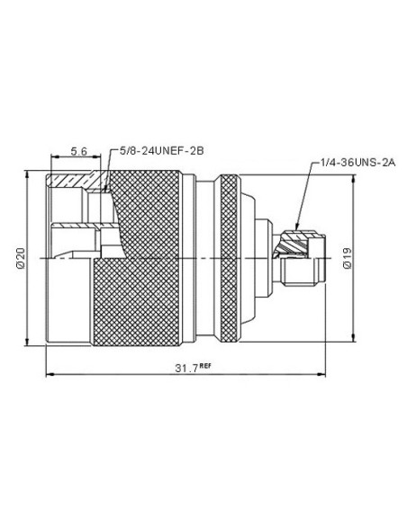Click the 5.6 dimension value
(78, 152)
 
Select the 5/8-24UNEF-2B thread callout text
(161, 151)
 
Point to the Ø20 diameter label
(21, 258)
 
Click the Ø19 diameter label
(348, 258)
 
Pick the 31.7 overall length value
(186, 368)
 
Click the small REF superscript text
(205, 365)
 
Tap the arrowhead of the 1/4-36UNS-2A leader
(297, 227)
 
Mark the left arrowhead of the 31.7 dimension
(50, 374)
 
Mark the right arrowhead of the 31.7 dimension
(321, 374)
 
